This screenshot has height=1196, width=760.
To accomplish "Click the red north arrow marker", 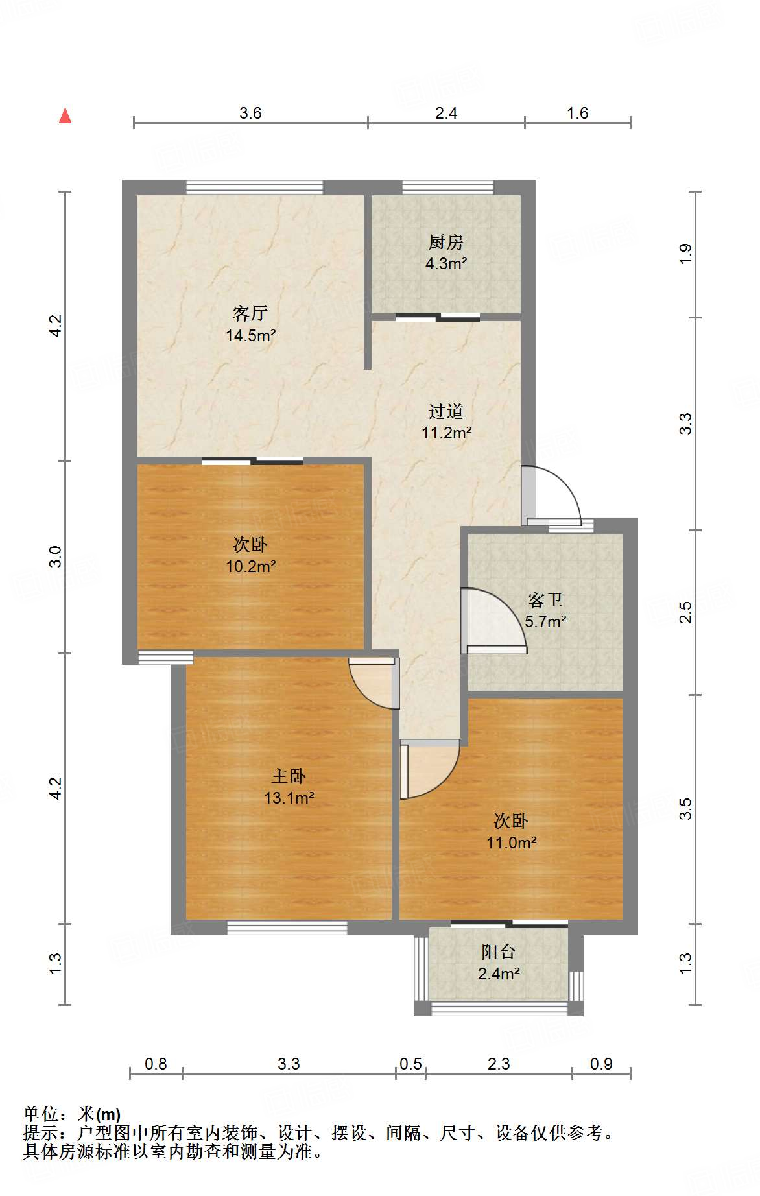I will pos(65,116).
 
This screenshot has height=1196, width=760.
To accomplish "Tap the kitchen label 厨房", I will pos(446,243).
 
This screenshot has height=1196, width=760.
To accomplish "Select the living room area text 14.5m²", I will pos(251,335).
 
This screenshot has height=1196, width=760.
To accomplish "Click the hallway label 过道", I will pos(446,411).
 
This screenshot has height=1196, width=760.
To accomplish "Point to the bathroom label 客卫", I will pos(545,600).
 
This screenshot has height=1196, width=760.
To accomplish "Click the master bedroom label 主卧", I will pos(289,776).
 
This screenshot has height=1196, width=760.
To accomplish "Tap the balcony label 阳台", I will pos(498,952).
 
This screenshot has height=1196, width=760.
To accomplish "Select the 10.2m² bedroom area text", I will pos(251,566).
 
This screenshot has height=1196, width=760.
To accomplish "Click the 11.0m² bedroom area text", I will pos(512,843).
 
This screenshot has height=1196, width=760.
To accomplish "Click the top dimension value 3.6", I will pos(250,114).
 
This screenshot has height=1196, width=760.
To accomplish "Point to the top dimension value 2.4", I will pos(446,114).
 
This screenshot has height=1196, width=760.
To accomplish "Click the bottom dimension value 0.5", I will pos(410,1064).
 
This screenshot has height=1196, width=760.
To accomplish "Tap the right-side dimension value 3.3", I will pos(685,424).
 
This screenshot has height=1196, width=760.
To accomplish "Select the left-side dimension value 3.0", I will pos(56,556).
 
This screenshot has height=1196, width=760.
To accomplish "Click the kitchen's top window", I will pos(447,187).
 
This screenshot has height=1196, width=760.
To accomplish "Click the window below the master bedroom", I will pos(287,928).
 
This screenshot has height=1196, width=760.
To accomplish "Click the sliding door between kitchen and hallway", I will pos(438,318).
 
